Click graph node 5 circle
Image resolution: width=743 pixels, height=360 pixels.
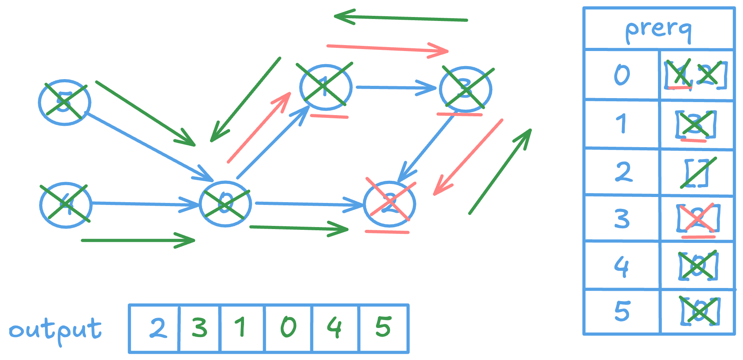pyautogui.click(x=64, y=102)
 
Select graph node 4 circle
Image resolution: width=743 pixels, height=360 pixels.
pyautogui.click(x=66, y=205)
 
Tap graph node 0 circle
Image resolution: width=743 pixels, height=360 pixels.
pyautogui.click(x=225, y=204)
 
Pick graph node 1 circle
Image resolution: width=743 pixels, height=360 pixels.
pyautogui.click(x=325, y=87)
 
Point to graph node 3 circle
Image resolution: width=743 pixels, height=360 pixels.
pyautogui.click(x=465, y=89)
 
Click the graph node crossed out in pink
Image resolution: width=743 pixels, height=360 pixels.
pyautogui.click(x=389, y=204)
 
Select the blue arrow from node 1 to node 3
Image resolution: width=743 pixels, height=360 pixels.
pyautogui.click(x=395, y=87)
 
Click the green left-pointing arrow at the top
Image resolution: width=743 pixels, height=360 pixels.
pyautogui.click(x=399, y=18)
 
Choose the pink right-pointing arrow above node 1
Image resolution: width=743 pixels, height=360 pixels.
pyautogui.click(x=388, y=49)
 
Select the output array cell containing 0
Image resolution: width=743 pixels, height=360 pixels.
pyautogui.click(x=288, y=328)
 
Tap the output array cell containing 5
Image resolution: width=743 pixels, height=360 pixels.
pyautogui.click(x=383, y=328)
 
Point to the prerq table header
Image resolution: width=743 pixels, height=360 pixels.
pyautogui.click(x=658, y=29)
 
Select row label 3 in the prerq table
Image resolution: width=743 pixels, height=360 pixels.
pyautogui.click(x=622, y=218)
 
